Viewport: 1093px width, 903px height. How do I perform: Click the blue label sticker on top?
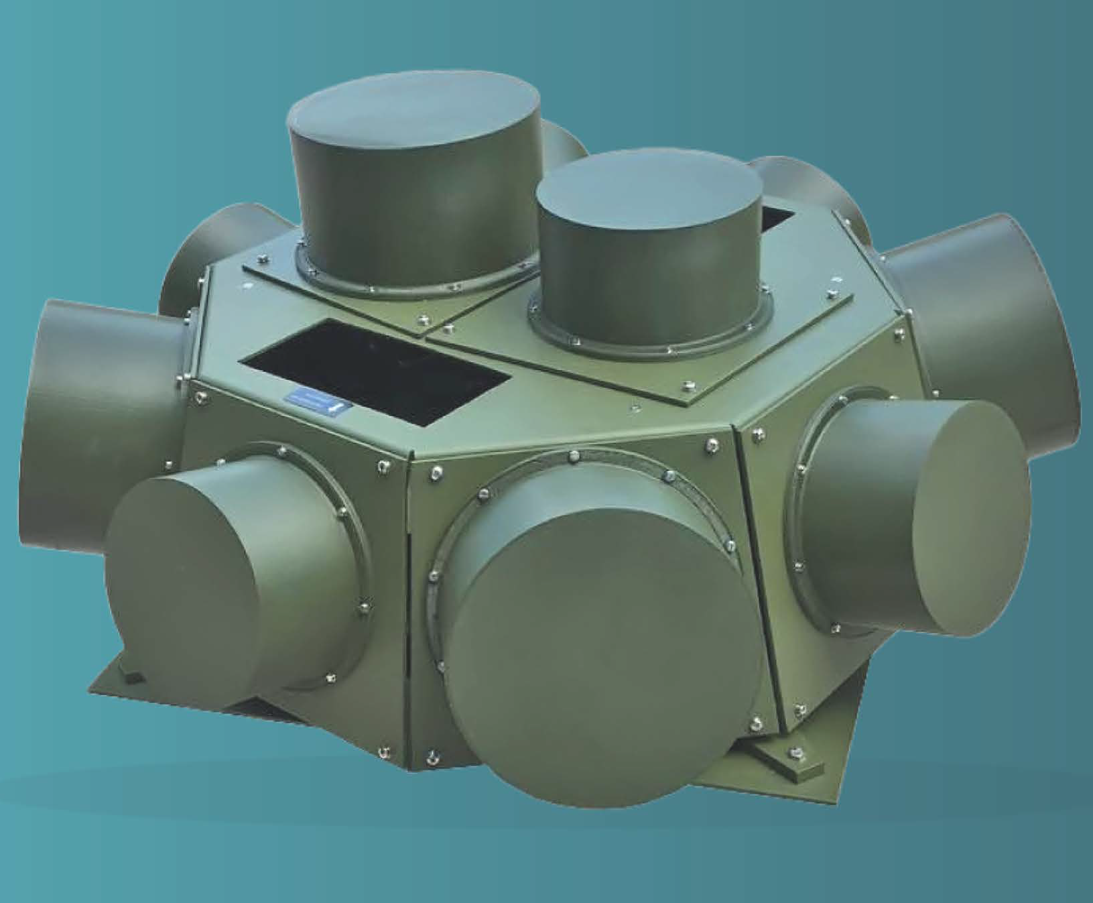315,402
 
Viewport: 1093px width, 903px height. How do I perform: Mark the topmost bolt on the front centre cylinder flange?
574,457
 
